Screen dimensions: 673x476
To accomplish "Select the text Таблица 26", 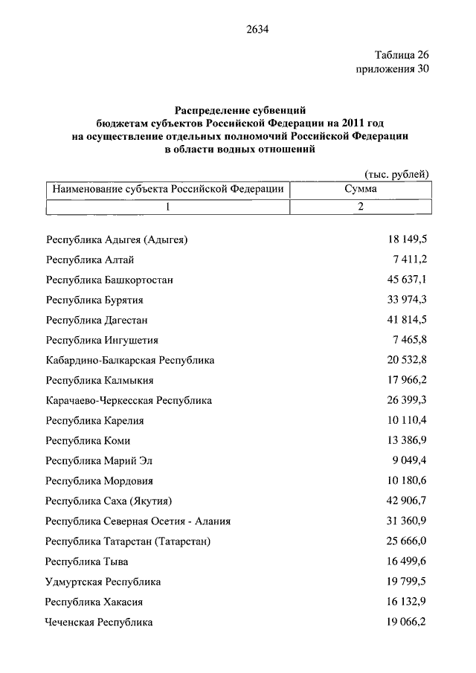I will click(x=401, y=54).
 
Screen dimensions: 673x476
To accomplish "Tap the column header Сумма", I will click(x=360, y=190).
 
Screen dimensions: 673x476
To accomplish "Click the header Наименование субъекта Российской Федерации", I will click(x=167, y=190).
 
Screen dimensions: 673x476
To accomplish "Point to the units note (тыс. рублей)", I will click(x=400, y=174).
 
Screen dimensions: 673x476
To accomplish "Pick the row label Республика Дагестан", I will click(x=97, y=320).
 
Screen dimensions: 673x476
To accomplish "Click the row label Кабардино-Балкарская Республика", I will click(x=129, y=360).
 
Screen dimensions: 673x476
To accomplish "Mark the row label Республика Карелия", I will click(x=94, y=420).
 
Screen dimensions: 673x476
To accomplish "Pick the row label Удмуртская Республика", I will click(x=103, y=582).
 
